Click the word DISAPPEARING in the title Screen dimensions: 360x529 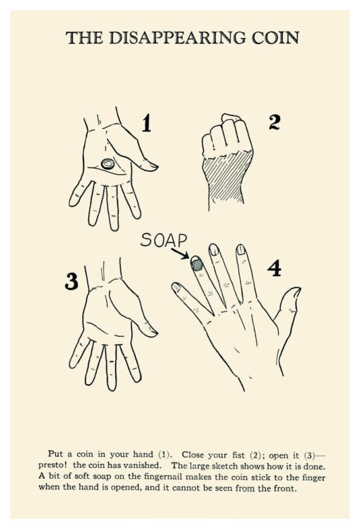[x=177, y=37]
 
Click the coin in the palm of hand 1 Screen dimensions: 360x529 [x=107, y=164]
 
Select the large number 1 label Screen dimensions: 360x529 [x=146, y=123]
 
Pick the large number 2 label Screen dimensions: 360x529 [x=275, y=122]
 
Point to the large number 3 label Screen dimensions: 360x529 [x=72, y=281]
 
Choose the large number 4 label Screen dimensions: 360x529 [x=275, y=268]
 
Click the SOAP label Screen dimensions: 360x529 [x=163, y=240]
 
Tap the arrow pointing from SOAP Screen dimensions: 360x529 [x=179, y=253]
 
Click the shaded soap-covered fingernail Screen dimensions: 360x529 [x=197, y=263]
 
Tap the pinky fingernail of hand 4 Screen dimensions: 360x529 [x=176, y=287]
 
